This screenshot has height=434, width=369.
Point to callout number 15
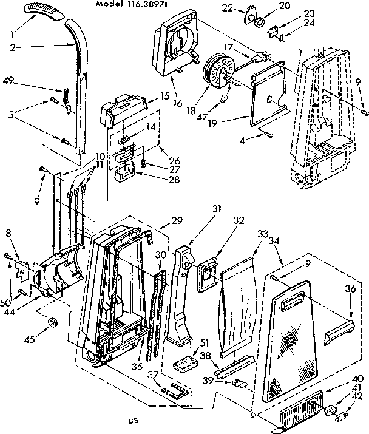[x=165, y=96]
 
